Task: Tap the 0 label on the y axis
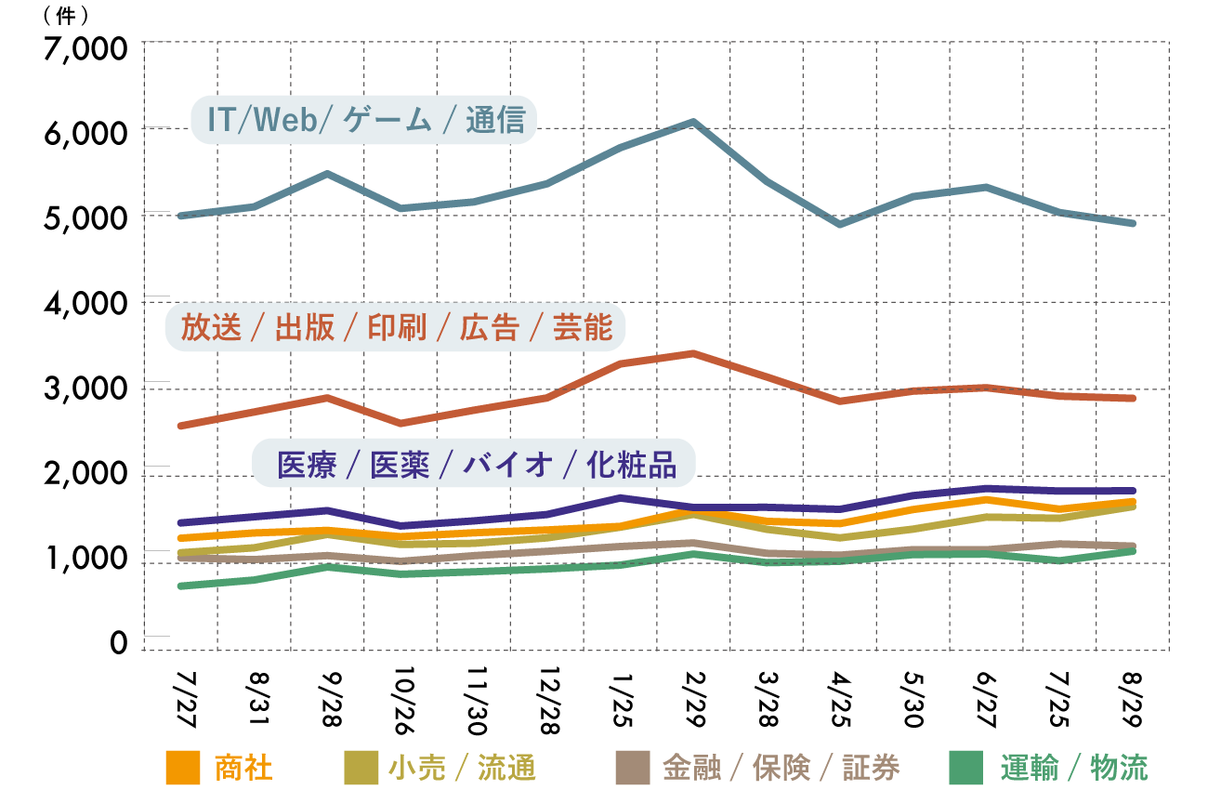119,642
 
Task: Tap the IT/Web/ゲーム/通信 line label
364,120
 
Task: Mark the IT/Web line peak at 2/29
693,122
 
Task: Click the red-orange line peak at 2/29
693,353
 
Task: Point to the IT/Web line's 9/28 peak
327,174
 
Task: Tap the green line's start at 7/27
181,586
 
